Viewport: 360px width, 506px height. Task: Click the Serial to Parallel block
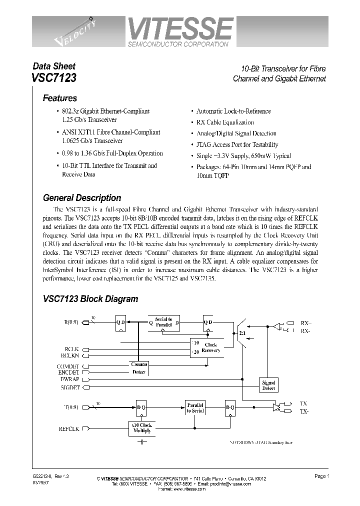click(163, 322)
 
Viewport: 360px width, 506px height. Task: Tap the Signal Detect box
click(268, 385)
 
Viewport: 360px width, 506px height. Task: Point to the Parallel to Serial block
click(195, 407)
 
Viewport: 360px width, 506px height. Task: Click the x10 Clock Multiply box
click(142, 428)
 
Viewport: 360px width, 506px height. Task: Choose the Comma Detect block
click(139, 368)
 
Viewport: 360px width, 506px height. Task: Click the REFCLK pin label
click(69, 429)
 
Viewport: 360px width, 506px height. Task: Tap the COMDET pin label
click(68, 366)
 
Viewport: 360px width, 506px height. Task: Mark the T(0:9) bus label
click(72, 407)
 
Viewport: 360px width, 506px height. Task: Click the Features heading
click(59, 98)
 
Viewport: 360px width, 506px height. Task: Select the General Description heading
click(82, 197)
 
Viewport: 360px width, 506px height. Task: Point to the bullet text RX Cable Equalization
click(225, 122)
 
